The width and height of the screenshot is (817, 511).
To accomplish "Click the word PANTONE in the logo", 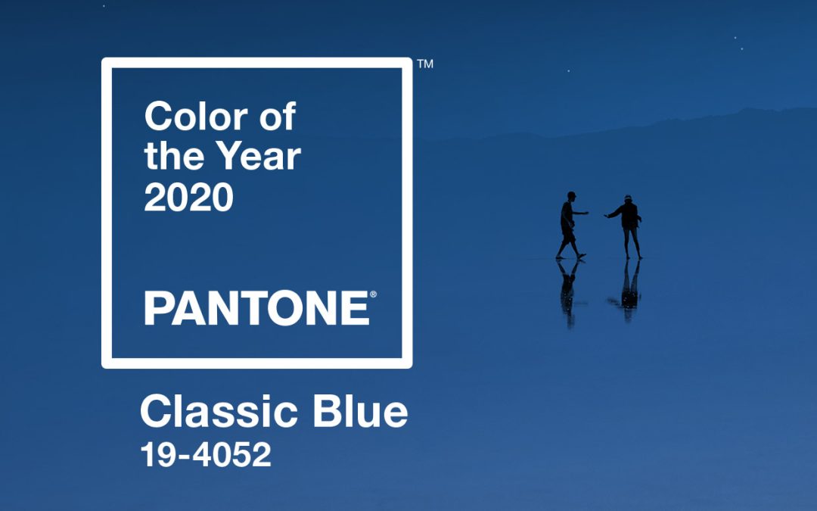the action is tap(256, 308).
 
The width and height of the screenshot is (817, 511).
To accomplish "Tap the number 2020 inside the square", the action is tap(188, 197).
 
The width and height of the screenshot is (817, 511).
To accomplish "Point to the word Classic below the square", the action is tap(219, 411).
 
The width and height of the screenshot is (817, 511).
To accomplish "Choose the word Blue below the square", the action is tap(360, 411).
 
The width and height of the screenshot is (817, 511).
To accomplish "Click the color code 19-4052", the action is tap(206, 454).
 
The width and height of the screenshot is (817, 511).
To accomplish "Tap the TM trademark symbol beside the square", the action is tap(425, 64).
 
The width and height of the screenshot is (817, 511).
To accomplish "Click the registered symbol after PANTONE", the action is tap(373, 294).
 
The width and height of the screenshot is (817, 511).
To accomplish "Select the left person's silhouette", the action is tap(570, 226).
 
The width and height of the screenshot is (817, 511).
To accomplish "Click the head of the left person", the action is tap(572, 196).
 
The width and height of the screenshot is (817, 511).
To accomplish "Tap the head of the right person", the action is tap(628, 199).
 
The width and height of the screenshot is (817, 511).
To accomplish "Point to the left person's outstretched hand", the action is tap(586, 213).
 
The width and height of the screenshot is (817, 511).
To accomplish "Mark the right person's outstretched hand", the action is tap(607, 215).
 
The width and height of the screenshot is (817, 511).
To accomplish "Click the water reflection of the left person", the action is tap(569, 292).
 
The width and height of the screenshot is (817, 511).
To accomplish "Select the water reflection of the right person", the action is tap(627, 289).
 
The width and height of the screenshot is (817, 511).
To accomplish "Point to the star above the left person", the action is tap(568, 71).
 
